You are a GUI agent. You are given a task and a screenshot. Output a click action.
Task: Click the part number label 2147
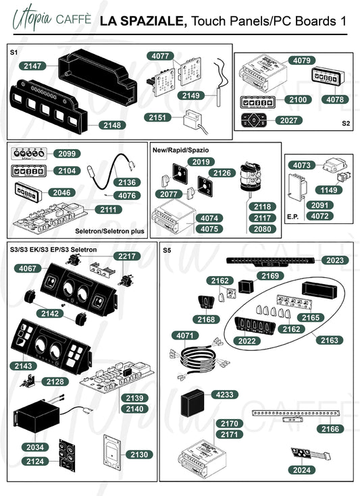tap(32, 66)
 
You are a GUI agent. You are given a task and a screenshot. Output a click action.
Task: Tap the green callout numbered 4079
tap(302, 60)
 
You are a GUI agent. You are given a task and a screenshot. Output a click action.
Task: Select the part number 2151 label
tap(157, 117)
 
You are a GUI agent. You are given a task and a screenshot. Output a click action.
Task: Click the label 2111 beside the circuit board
tap(108, 209)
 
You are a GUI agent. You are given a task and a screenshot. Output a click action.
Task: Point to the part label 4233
tap(224, 395)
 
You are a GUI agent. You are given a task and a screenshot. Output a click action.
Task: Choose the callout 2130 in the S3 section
tap(139, 455)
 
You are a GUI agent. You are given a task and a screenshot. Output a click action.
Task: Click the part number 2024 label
tap(302, 470)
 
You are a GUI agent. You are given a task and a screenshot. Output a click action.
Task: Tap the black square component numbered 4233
tap(192, 403)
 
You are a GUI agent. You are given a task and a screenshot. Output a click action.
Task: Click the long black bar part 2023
tap(270, 261)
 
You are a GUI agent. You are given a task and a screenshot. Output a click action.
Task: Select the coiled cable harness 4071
tap(199, 358)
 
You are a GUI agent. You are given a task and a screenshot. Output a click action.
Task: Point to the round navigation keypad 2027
tap(253, 120)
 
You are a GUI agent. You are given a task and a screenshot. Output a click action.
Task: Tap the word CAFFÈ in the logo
tap(74, 19)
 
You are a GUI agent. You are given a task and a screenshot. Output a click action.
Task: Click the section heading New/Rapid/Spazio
tap(181, 150)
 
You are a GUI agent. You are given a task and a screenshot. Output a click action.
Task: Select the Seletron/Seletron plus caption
tap(109, 231)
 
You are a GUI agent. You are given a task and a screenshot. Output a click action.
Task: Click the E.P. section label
tap(293, 217)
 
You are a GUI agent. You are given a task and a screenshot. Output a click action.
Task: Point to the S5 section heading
tap(167, 250)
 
